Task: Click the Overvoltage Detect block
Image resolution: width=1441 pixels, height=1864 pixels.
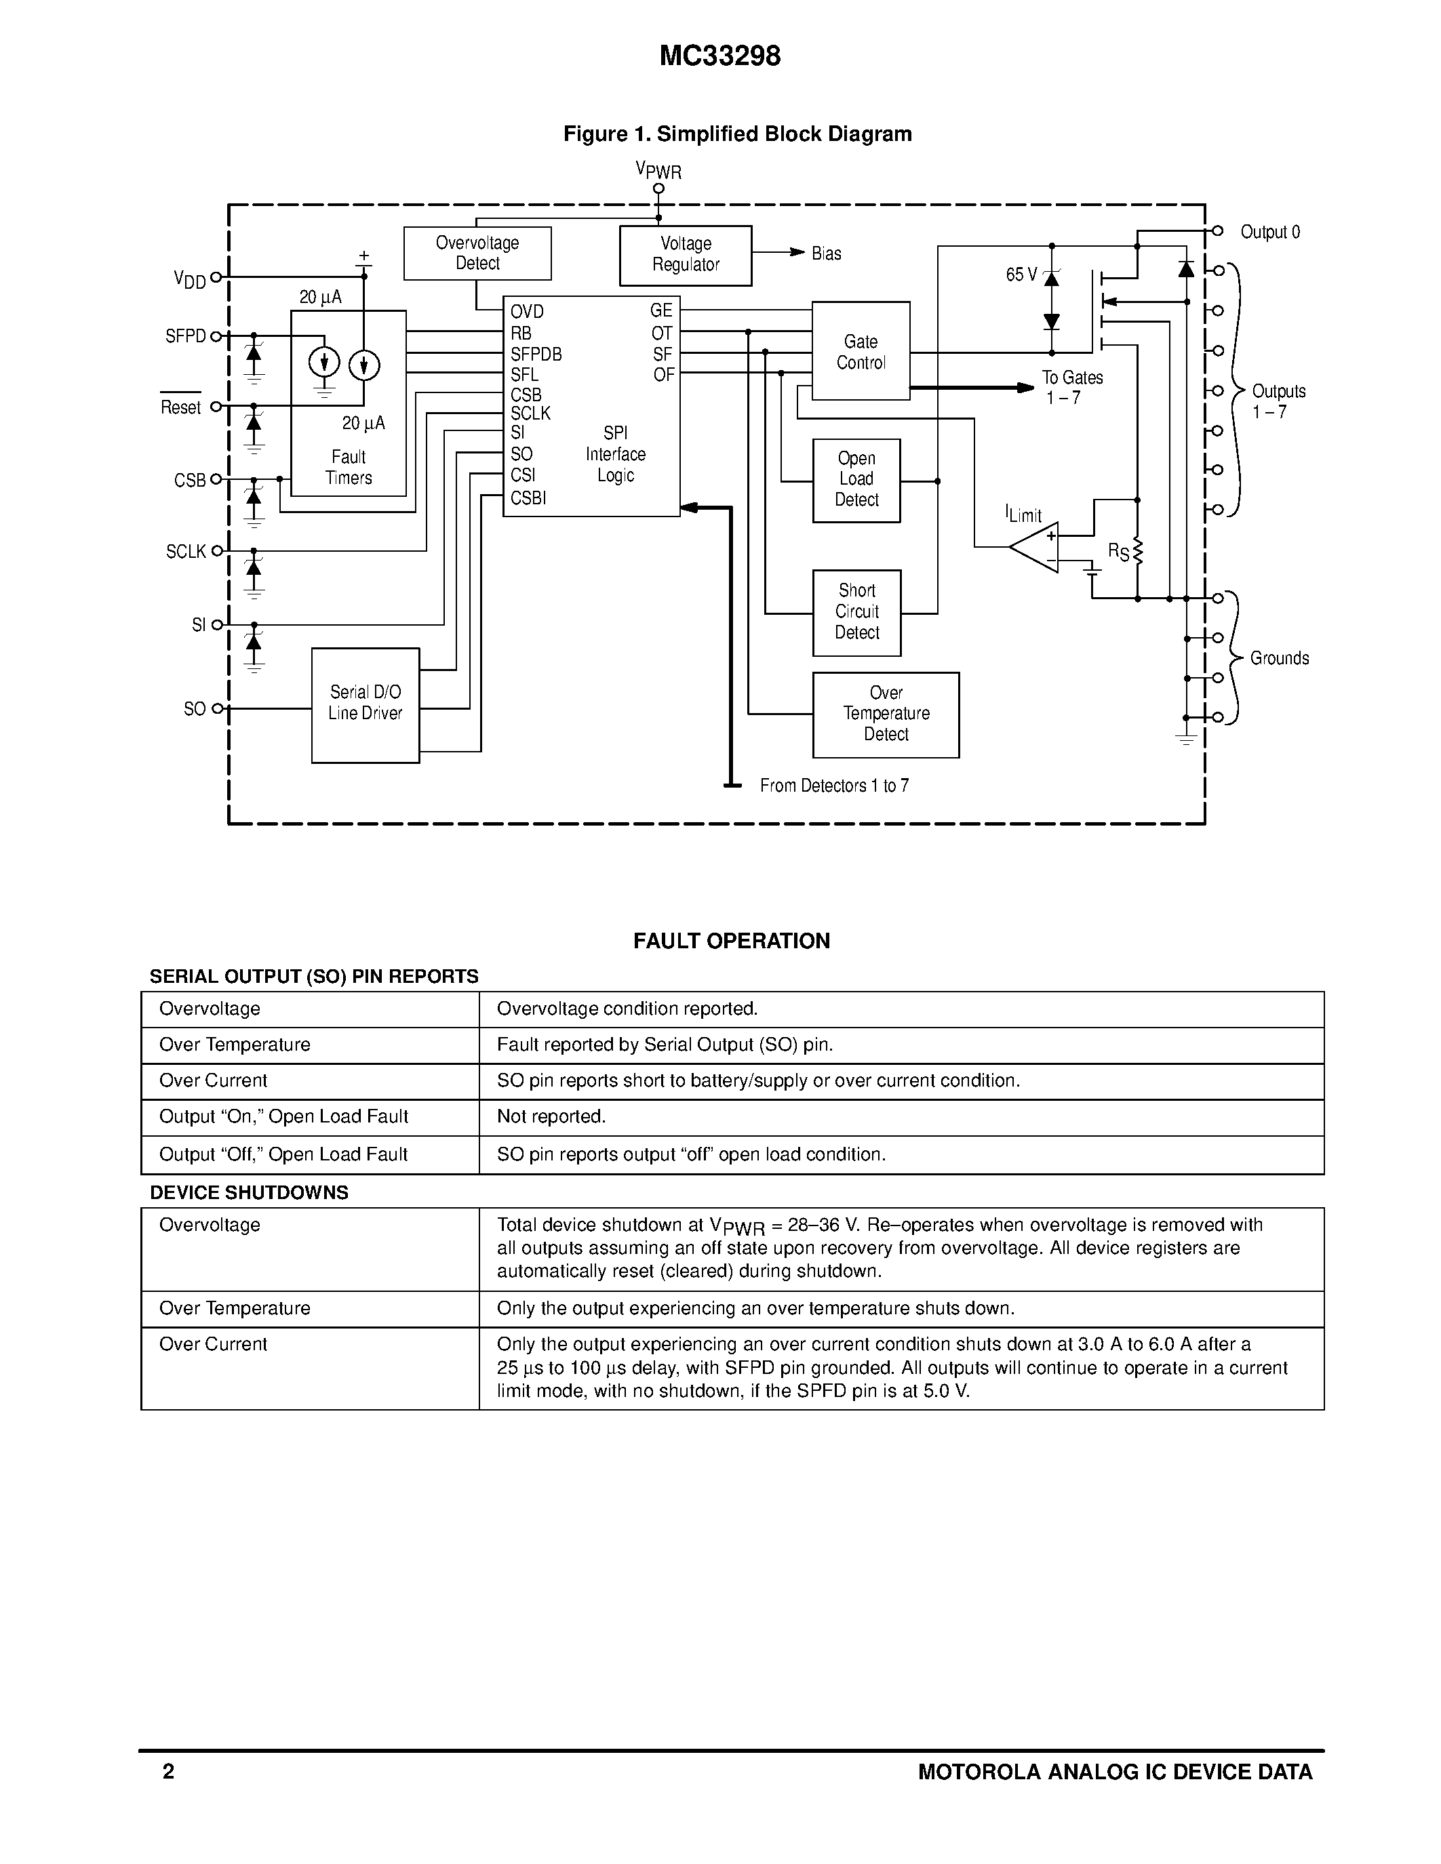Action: [477, 254]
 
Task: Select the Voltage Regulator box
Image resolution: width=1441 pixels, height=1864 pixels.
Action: [686, 255]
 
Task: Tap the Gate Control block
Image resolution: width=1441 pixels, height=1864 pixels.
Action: [861, 351]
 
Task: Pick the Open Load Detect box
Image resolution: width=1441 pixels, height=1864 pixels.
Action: [856, 481]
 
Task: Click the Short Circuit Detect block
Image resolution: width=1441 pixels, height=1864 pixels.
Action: [856, 613]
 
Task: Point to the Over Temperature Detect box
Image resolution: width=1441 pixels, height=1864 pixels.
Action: [885, 714]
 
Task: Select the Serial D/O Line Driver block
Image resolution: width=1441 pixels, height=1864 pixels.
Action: [366, 705]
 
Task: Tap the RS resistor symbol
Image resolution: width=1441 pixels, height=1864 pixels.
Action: [1137, 553]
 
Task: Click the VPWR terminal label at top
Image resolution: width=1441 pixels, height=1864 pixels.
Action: [658, 170]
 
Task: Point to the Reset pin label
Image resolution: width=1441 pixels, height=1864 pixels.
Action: [181, 407]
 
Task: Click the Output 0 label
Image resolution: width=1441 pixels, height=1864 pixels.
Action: [1269, 232]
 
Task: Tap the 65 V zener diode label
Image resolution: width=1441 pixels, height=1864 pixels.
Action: [1021, 275]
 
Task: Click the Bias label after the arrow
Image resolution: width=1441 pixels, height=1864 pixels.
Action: [825, 254]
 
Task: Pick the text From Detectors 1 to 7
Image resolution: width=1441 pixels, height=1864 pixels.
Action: [834, 785]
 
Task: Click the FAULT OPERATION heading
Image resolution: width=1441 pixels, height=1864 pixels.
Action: [731, 941]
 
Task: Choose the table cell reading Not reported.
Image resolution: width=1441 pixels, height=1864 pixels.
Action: [551, 1116]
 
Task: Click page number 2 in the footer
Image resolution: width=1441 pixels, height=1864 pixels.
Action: [168, 1772]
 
